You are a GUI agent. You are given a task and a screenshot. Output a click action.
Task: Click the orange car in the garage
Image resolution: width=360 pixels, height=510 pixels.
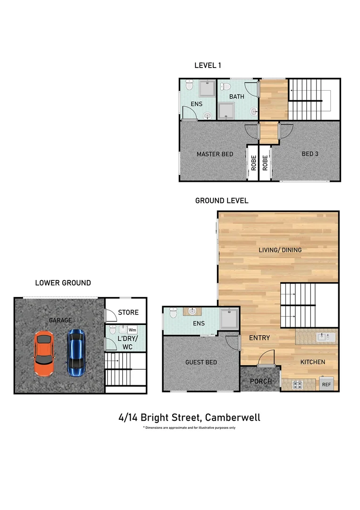[x=44, y=354]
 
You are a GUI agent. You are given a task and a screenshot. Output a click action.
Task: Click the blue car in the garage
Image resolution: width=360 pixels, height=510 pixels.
[x=75, y=352]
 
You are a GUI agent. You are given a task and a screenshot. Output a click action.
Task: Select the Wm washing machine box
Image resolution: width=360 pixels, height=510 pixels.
[x=133, y=330]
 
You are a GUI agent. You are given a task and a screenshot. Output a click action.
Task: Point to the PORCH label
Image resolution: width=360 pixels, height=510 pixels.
[x=260, y=381]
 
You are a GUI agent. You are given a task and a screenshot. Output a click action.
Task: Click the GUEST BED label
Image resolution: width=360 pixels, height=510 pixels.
[x=201, y=362]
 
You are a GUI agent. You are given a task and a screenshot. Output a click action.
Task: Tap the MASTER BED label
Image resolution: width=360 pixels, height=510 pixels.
[x=215, y=154]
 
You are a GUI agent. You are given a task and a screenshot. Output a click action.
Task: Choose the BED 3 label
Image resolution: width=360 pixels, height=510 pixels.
[x=310, y=154]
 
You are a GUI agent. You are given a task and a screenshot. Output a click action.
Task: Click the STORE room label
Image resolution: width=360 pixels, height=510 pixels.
[x=128, y=313]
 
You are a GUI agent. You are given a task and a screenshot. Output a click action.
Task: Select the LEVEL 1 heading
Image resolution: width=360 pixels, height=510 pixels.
[x=208, y=66]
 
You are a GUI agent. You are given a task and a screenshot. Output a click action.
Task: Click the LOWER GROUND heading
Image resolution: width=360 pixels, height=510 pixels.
[x=63, y=283]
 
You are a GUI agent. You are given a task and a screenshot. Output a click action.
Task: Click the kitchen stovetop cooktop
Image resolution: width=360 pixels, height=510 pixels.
[x=298, y=384]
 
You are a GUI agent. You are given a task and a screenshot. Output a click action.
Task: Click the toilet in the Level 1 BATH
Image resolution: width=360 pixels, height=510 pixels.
[x=226, y=87]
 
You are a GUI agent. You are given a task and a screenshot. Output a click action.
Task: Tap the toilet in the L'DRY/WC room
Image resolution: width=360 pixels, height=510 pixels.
[x=112, y=329]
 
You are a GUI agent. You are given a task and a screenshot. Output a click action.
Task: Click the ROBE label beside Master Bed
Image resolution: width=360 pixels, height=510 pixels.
[x=253, y=163]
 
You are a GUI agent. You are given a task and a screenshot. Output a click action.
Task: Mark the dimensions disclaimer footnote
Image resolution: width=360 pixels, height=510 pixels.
[x=189, y=428]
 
